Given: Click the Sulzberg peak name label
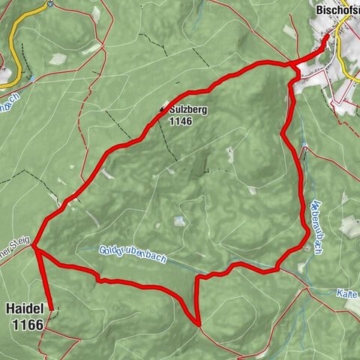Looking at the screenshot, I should point(188,110).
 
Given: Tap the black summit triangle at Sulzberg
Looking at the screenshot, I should point(161,109).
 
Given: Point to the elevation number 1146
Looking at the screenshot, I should point(181,120).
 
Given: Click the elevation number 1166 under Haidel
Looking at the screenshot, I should point(26,325).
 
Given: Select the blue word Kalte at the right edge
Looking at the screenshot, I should point(346,292).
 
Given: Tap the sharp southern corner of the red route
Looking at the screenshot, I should point(199,325).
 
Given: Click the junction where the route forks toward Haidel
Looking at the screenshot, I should point(35,249).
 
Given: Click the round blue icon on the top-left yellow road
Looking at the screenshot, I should point(32,78).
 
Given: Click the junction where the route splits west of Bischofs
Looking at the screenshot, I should point(291,66).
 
